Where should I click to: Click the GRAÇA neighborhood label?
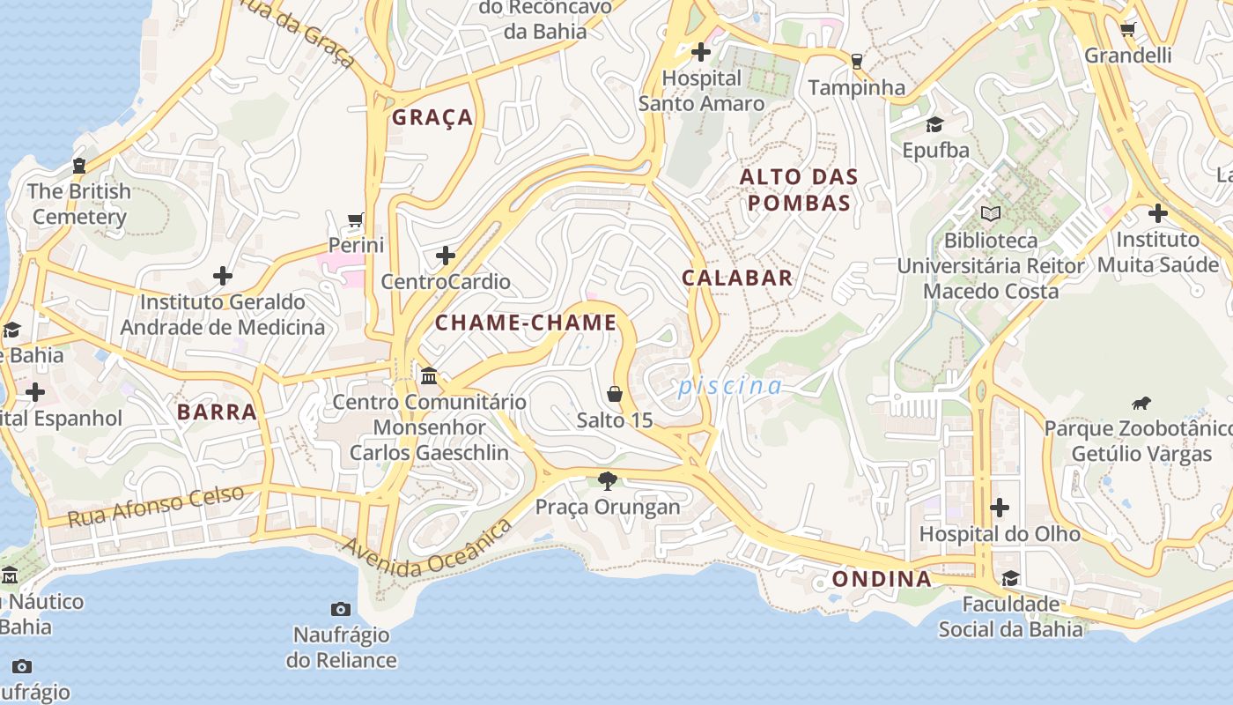click(x=432, y=117)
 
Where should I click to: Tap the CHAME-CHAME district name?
click(x=526, y=323)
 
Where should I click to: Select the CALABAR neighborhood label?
click(x=737, y=278)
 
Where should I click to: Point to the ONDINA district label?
click(x=882, y=579)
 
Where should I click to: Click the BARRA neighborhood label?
click(x=217, y=412)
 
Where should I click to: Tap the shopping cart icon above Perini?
click(x=356, y=219)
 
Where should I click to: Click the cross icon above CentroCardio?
click(x=446, y=256)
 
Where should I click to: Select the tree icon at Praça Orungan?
click(x=607, y=481)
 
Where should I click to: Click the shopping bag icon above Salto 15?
click(x=615, y=394)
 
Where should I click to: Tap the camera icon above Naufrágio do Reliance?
click(x=341, y=609)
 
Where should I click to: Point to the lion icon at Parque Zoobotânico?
click(x=1141, y=404)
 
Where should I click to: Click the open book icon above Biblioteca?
click(x=991, y=213)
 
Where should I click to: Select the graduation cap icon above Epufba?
click(x=934, y=124)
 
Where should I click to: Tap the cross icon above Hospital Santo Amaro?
click(x=701, y=52)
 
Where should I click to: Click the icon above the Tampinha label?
click(x=856, y=62)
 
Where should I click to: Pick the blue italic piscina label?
click(x=730, y=386)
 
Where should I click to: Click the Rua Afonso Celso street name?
click(x=156, y=506)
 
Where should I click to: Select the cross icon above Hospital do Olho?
click(x=1000, y=508)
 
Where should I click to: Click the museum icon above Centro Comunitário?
click(x=429, y=376)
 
